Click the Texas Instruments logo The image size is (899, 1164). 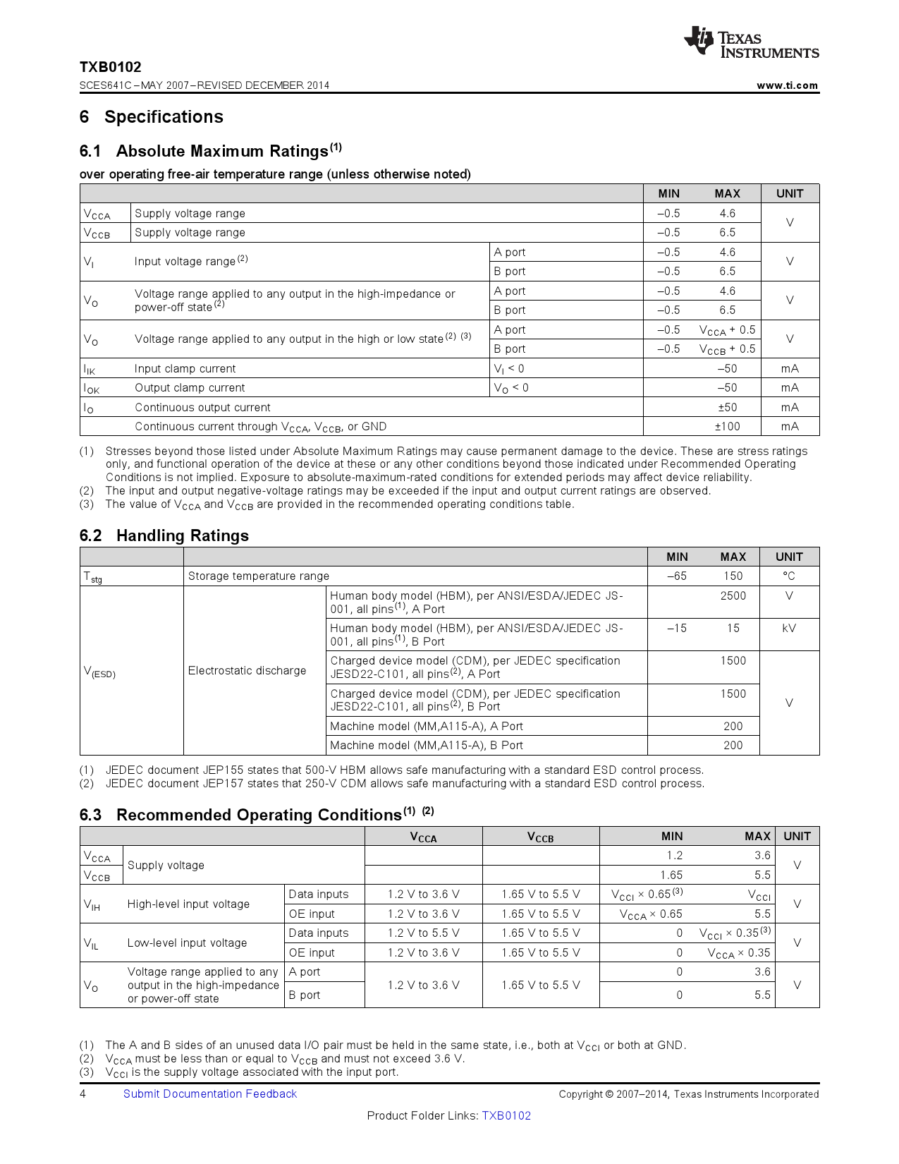[751, 42]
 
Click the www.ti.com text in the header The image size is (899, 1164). [787, 85]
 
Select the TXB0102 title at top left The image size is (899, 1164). [110, 67]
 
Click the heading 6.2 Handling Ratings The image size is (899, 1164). [164, 535]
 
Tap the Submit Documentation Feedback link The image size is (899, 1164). [210, 1093]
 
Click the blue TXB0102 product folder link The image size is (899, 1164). [506, 1115]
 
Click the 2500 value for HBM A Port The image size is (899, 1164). [733, 595]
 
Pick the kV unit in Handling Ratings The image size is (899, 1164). [789, 628]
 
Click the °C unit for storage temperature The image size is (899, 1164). [789, 576]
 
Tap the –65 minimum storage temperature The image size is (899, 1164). [676, 576]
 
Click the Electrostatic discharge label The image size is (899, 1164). [247, 670]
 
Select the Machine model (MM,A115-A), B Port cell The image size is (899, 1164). [427, 745]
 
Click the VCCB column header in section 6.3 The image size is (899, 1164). [540, 837]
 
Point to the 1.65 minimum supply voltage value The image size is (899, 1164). [671, 875]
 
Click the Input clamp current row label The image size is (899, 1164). [185, 368]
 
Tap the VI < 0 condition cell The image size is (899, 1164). [509, 368]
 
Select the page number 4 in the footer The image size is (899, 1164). [83, 1093]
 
